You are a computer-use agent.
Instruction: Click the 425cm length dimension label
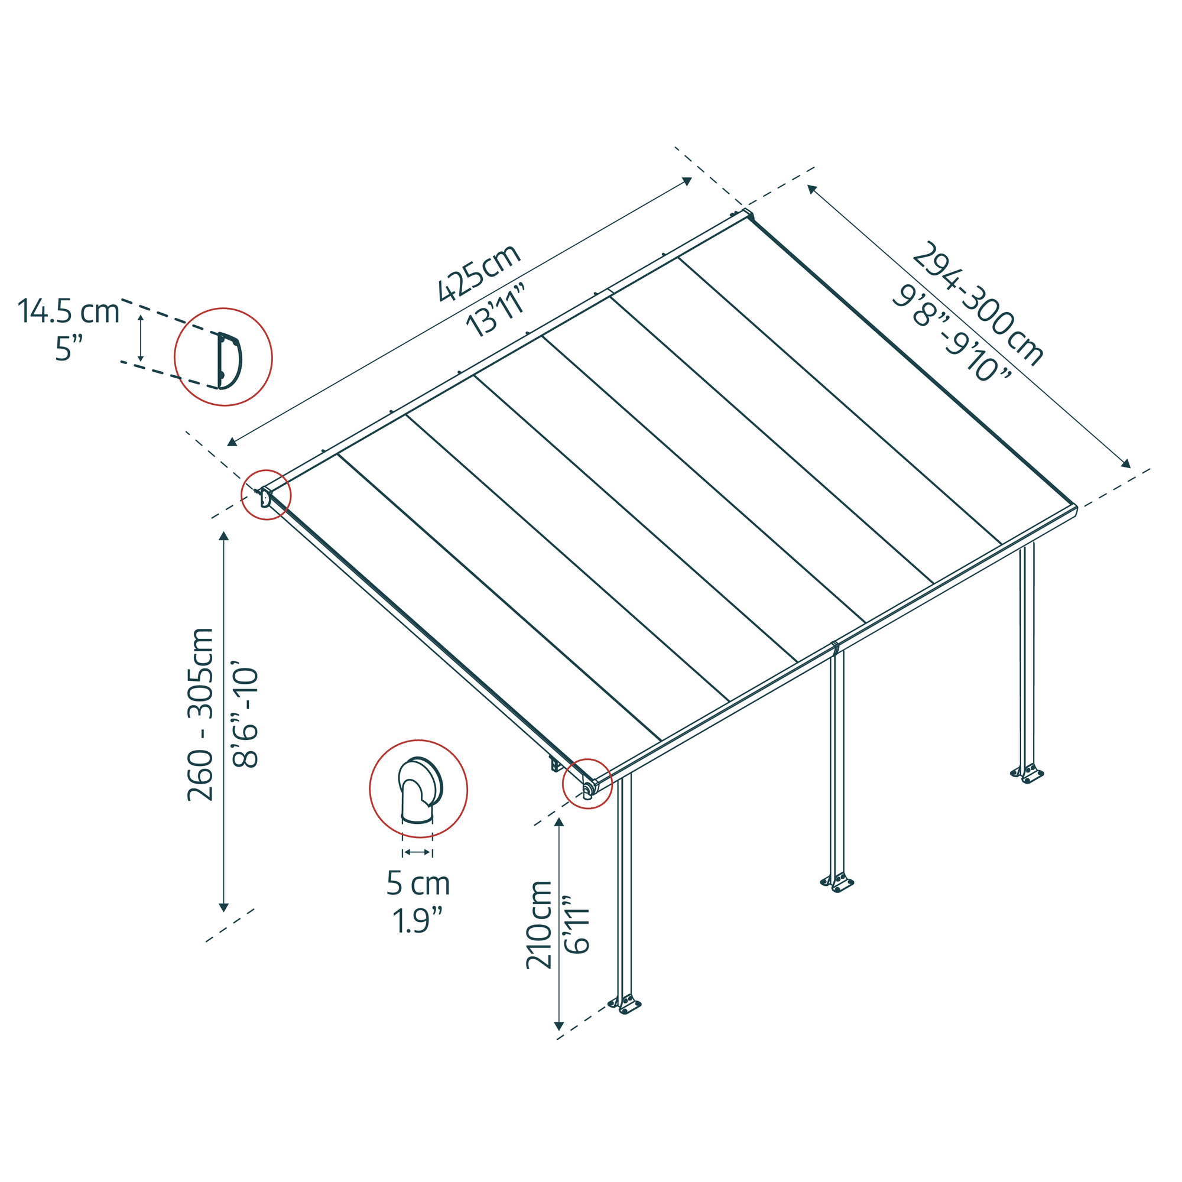pyautogui.click(x=479, y=273)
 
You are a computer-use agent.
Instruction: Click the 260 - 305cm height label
pyautogui.click(x=201, y=714)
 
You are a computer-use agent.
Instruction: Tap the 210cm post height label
pyautogui.click(x=539, y=925)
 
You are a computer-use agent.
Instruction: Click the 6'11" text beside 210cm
pyautogui.click(x=577, y=925)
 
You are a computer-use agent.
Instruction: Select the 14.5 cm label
pyautogui.click(x=69, y=311)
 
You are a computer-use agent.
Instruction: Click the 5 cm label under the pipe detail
pyautogui.click(x=418, y=884)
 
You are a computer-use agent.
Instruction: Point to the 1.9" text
pyautogui.click(x=418, y=921)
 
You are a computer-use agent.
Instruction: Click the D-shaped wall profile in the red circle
pyautogui.click(x=229, y=361)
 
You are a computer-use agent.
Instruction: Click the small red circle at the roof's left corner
pyautogui.click(x=266, y=495)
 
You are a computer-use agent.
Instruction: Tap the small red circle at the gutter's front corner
pyautogui.click(x=587, y=784)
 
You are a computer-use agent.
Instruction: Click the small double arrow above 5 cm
pyautogui.click(x=418, y=852)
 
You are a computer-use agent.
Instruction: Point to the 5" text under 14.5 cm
pyautogui.click(x=69, y=349)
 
